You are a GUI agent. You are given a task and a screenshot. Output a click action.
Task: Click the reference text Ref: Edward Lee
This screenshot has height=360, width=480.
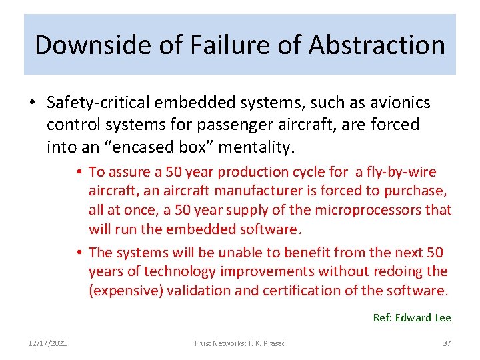pos(411,318)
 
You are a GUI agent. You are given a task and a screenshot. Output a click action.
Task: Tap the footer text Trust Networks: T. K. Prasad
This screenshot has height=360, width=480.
pos(239,343)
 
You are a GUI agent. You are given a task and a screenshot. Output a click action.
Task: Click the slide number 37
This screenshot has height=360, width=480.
pos(447,343)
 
